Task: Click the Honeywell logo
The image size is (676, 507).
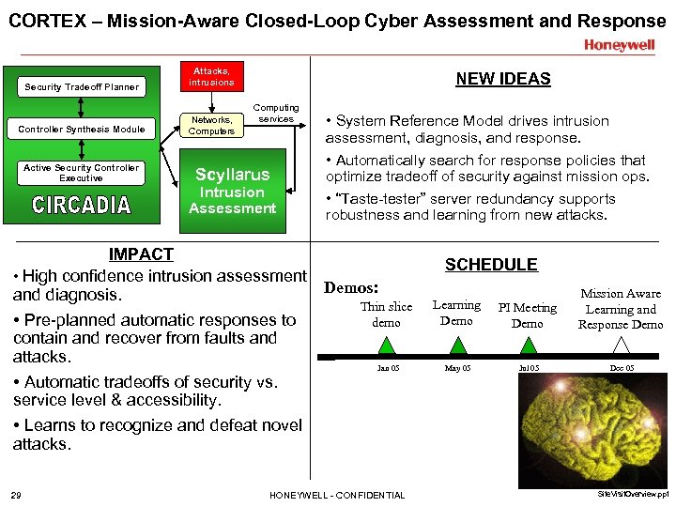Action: coord(620,44)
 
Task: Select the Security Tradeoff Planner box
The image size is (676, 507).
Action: coord(82,87)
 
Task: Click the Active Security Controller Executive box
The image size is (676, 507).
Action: coord(82,173)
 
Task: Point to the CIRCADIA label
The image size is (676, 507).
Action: coord(82,205)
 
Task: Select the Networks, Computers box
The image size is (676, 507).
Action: coord(211,125)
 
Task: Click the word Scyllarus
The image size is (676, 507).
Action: coord(232,174)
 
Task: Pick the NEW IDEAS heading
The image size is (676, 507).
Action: coord(503,79)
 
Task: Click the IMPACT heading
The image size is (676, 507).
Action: coord(141,253)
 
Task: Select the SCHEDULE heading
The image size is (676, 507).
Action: coord(491,265)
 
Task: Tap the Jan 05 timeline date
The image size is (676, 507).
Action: coord(387,368)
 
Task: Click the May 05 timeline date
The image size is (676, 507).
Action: coord(456,368)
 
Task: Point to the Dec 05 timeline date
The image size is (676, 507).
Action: coord(621,368)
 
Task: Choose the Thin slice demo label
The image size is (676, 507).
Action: coord(386,315)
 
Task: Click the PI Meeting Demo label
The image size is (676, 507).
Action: coord(527,315)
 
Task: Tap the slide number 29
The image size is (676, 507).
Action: coord(17,495)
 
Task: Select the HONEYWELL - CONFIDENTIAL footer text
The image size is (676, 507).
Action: coord(337,495)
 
